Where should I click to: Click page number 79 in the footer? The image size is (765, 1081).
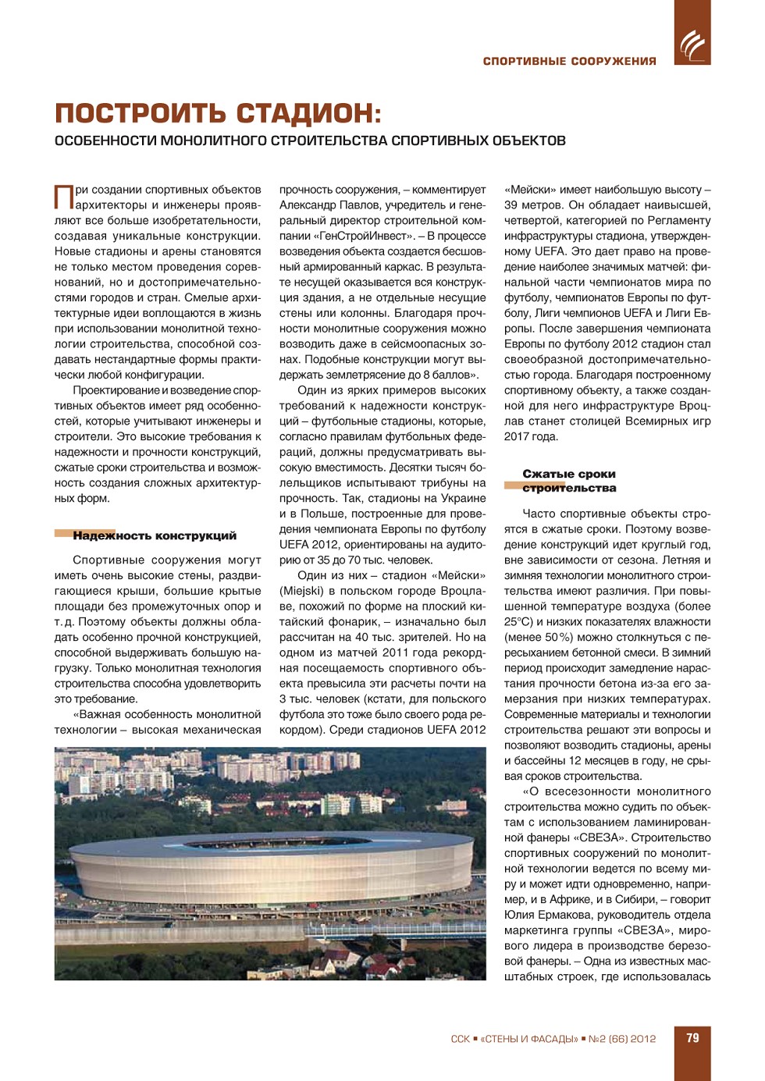pyautogui.click(x=692, y=1038)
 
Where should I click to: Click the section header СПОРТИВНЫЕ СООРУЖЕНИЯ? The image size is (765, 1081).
pyautogui.click(x=569, y=61)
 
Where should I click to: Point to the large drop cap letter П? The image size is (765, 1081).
pyautogui.click(x=63, y=197)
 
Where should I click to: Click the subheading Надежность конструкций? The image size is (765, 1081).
pyautogui.click(x=155, y=535)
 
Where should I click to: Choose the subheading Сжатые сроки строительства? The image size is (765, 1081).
pyautogui.click(x=569, y=481)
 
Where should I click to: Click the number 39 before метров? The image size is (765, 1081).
pyautogui.click(x=511, y=204)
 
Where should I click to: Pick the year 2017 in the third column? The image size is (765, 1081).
pyautogui.click(x=517, y=436)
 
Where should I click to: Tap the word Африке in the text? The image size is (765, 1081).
pyautogui.click(x=575, y=899)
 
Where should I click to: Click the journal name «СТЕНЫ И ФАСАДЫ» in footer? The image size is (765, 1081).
pyautogui.click(x=529, y=1039)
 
